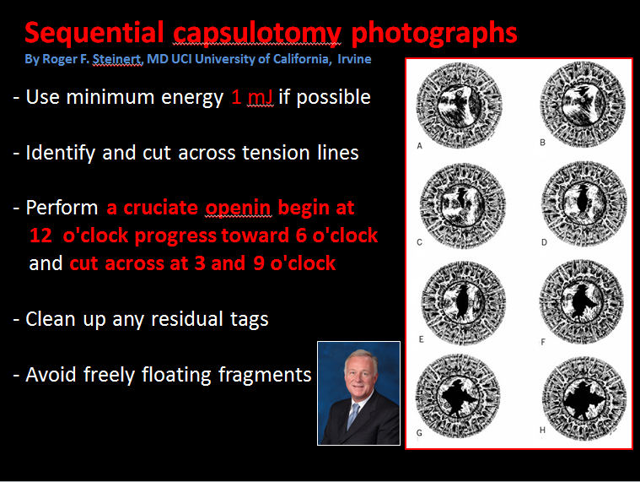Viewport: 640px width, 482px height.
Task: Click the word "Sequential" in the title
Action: point(94,33)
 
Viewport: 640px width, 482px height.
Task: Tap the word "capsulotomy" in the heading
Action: point(257,34)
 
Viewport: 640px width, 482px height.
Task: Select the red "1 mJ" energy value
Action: point(252,97)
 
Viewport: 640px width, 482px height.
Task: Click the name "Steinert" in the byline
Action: point(117,59)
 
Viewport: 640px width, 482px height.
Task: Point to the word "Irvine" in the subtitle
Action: point(354,59)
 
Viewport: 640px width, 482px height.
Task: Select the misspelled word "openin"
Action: point(238,209)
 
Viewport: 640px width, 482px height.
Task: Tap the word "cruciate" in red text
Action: point(161,208)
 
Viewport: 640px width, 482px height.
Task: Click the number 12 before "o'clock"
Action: point(40,236)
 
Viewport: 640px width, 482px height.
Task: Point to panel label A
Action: point(419,146)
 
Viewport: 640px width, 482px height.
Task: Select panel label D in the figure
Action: point(544,242)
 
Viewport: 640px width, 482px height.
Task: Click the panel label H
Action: point(542,430)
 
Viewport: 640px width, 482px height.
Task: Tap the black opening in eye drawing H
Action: point(584,399)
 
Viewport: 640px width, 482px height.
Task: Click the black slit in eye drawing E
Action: point(462,301)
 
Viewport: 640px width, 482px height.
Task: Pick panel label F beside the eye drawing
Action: point(543,342)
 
